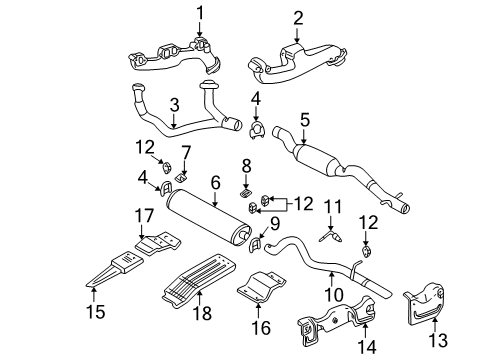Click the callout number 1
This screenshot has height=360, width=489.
pos(199,12)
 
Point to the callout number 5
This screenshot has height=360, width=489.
pos(304,118)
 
